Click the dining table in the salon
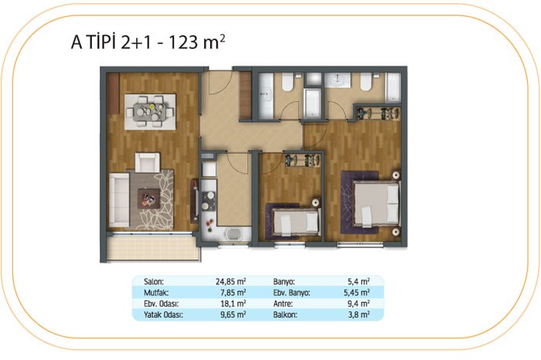150,112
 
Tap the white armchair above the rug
148,162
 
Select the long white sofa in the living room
119,200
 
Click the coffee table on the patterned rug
148,199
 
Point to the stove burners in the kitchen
209,201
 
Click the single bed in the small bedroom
295,221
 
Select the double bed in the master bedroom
376,204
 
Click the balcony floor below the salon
153,247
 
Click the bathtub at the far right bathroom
393,87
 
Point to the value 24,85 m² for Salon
230,281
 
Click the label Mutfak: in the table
156,293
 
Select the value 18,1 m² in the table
233,304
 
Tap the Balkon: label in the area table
285,314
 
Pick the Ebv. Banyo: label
291,293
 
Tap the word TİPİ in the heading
102,42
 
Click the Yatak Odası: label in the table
163,314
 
